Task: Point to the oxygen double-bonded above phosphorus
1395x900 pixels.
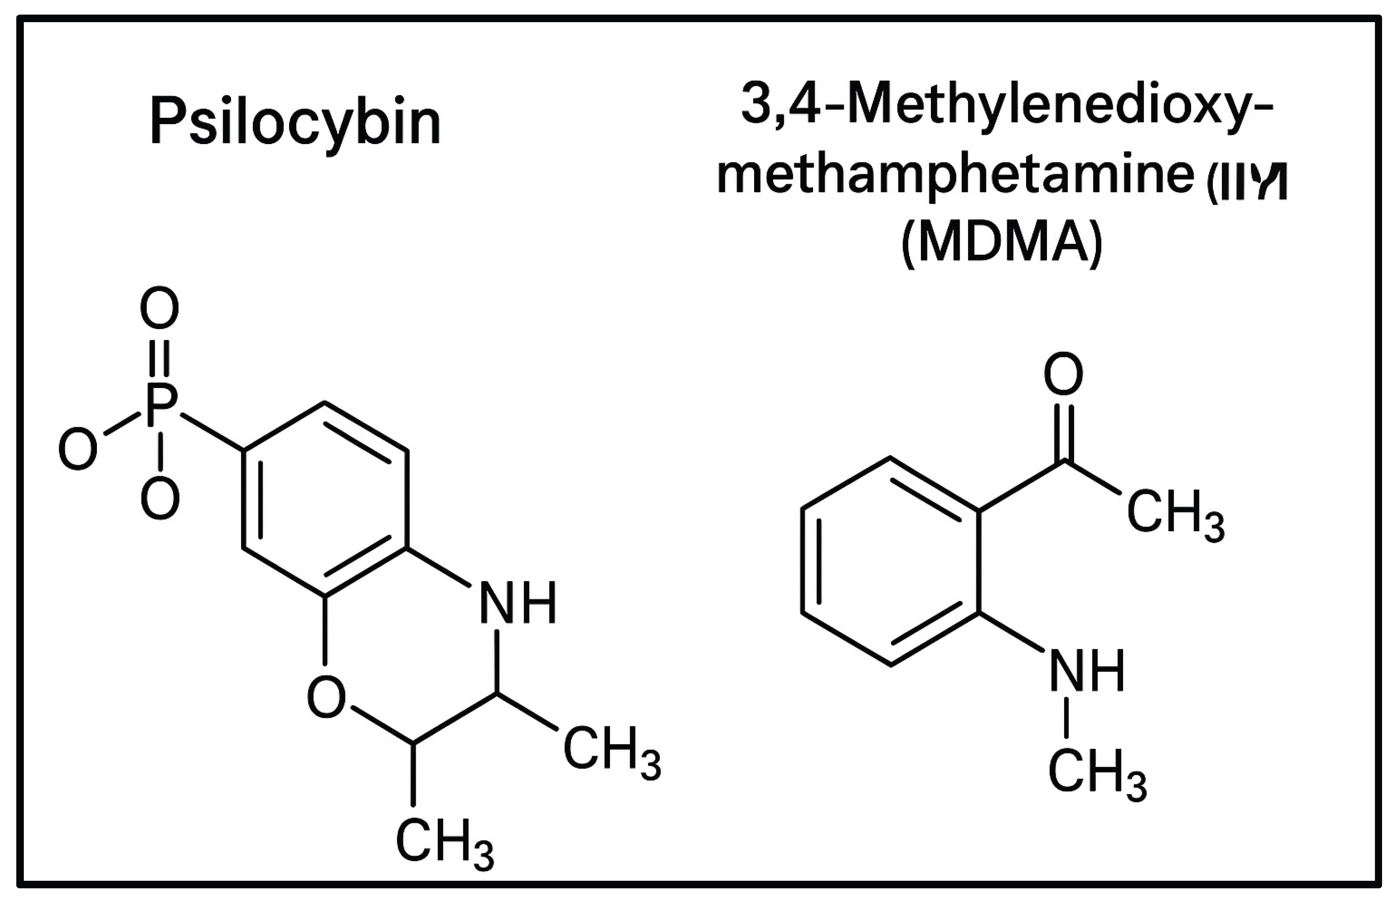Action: (x=159, y=307)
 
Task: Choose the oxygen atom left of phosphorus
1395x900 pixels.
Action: (x=78, y=449)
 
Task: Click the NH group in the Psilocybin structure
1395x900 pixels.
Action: (x=517, y=603)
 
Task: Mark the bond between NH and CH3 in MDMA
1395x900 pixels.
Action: (x=1067, y=717)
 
